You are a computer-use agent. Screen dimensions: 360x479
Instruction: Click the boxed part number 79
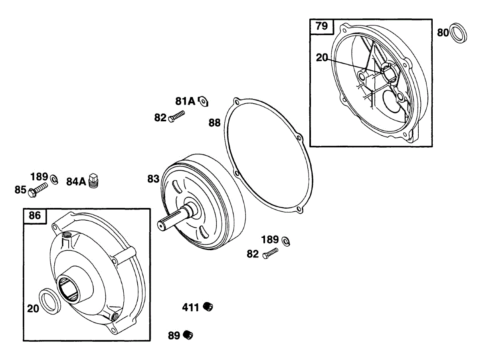pyautogui.click(x=321, y=26)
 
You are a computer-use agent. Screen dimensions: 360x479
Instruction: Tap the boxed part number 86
pyautogui.click(x=35, y=216)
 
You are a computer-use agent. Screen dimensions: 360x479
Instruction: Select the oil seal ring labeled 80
pyautogui.click(x=458, y=33)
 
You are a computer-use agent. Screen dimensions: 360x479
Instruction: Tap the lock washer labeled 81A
pyautogui.click(x=203, y=101)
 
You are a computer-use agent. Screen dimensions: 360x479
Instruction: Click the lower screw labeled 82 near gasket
pyautogui.click(x=270, y=253)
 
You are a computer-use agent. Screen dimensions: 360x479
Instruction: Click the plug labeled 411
pyautogui.click(x=208, y=307)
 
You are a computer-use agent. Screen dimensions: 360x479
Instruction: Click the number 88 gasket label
pyautogui.click(x=214, y=123)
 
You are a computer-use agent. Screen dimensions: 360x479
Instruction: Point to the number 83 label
pyautogui.click(x=153, y=179)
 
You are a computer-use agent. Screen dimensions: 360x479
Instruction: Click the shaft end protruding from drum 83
pyautogui.click(x=165, y=224)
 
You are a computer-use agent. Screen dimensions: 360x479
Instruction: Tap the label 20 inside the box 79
pyautogui.click(x=322, y=58)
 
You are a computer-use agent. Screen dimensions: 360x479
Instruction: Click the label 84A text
pyautogui.click(x=76, y=182)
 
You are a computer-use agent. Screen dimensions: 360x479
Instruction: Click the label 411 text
pyautogui.click(x=190, y=308)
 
